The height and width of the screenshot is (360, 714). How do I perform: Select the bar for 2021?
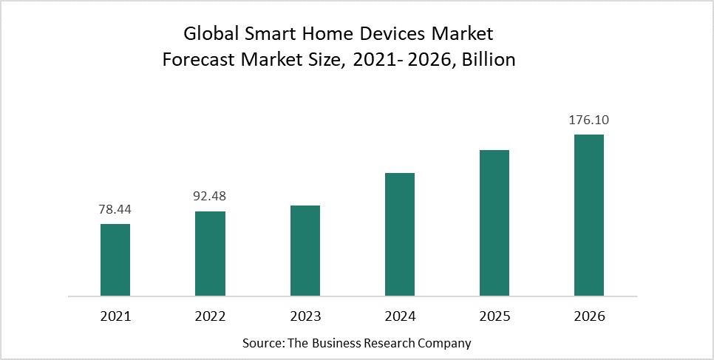[115, 259]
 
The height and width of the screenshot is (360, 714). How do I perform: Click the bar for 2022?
[210, 254]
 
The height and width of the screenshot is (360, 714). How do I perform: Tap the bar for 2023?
[305, 251]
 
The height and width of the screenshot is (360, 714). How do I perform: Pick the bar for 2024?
[399, 234]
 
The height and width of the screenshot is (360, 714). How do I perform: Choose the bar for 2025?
[494, 223]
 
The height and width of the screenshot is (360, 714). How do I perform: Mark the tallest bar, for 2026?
[588, 215]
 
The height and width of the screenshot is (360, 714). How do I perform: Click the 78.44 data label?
[115, 210]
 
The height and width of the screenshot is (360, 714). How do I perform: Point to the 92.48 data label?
[210, 197]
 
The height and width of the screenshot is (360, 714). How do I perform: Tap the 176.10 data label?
[588, 120]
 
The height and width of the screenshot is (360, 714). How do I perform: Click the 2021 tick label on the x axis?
[115, 316]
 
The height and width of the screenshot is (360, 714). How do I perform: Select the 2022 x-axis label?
[210, 316]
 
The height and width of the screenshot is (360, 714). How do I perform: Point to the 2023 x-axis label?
[305, 316]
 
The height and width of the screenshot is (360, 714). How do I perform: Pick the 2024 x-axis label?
[399, 316]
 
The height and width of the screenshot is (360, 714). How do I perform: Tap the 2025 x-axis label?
[494, 316]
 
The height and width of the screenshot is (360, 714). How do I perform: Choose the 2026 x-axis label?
[588, 316]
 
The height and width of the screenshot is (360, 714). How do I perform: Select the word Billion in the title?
[488, 60]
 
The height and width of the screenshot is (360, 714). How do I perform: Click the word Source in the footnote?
[262, 343]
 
